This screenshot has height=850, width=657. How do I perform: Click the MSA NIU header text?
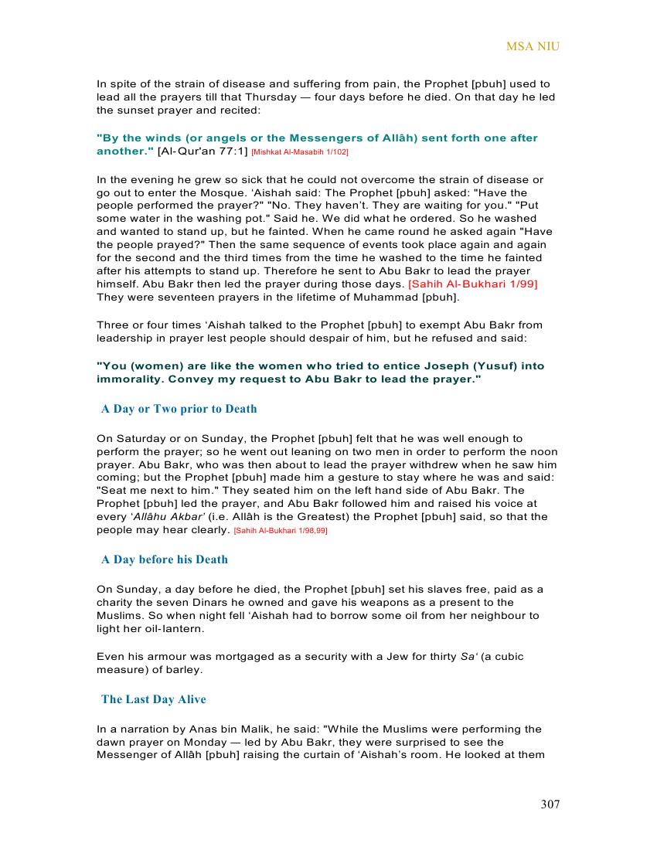point(533,46)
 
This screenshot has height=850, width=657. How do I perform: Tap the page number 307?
point(550,804)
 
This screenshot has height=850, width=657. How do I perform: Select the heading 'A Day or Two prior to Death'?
point(179,409)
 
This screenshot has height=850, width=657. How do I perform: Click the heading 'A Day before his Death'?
point(164,559)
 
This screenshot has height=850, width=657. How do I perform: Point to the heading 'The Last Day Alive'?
point(153,699)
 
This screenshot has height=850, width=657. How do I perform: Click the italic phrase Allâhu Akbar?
point(152,517)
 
